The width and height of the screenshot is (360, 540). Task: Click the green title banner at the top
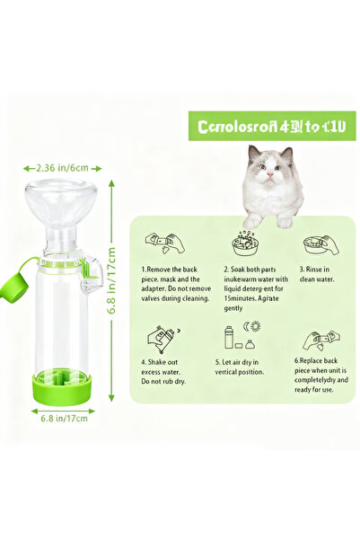click(270, 125)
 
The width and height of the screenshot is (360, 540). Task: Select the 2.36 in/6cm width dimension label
click(62, 167)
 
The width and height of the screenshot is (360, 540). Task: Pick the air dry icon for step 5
click(241, 338)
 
